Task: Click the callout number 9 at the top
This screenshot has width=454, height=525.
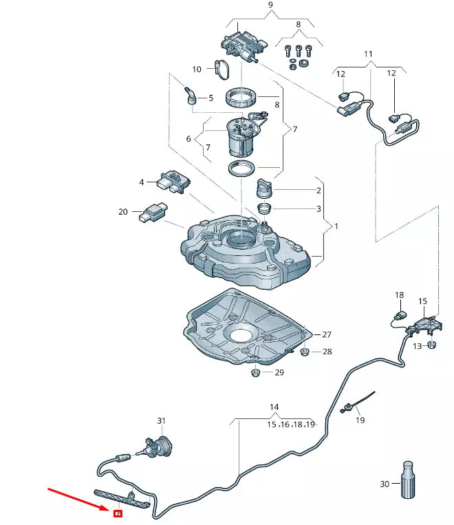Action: [x=270, y=6]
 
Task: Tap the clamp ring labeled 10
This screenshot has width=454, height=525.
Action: [x=222, y=67]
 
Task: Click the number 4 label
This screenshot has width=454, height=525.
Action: [x=142, y=182]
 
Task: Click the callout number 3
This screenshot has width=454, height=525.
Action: [x=318, y=208]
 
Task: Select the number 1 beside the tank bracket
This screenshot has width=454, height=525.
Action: [x=336, y=226]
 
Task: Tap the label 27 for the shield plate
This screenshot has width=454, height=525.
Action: [x=327, y=335]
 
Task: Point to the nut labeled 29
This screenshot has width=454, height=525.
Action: [x=255, y=372]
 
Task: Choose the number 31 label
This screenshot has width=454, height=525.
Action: [x=162, y=420]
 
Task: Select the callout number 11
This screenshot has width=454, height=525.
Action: [x=368, y=54]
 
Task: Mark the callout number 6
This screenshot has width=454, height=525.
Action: [x=188, y=139]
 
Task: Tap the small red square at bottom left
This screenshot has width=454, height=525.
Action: [x=118, y=513]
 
